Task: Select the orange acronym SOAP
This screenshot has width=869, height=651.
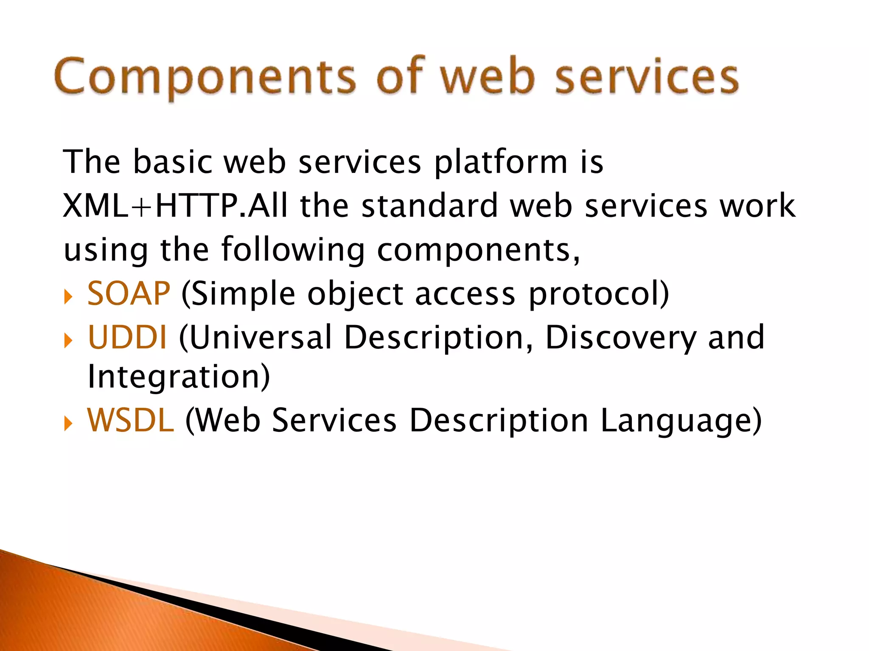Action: (129, 293)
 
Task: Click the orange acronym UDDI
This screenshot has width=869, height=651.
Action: (127, 337)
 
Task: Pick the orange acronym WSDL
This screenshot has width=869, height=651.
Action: (131, 420)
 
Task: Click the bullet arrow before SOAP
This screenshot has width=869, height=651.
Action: (68, 297)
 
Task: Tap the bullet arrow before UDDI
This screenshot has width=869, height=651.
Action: (68, 340)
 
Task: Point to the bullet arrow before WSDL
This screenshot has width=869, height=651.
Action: (68, 423)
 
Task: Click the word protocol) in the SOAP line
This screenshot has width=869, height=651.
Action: (599, 294)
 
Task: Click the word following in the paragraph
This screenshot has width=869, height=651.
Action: (293, 250)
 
